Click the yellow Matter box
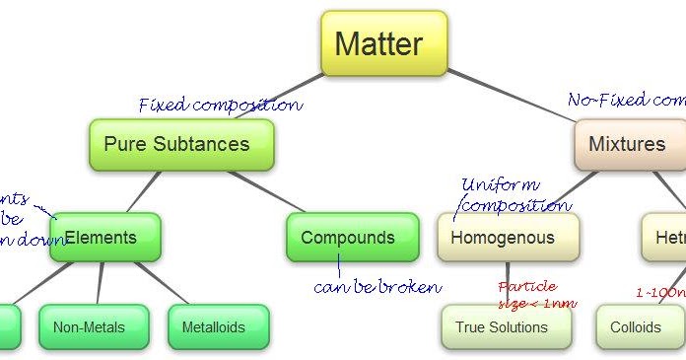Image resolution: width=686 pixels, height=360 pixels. pyautogui.click(x=383, y=44)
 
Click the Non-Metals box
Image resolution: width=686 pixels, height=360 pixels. pyautogui.click(x=94, y=327)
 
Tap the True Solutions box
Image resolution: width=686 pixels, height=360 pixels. pyautogui.click(x=506, y=327)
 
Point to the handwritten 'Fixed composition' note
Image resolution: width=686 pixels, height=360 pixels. pyautogui.click(x=220, y=105)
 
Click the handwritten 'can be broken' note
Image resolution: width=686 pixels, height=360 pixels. pyautogui.click(x=377, y=287)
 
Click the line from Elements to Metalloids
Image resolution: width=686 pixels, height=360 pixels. pyautogui.click(x=162, y=283)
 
